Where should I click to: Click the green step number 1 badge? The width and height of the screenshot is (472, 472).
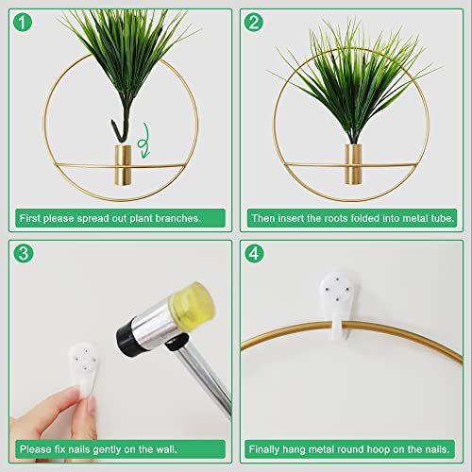pos(23,22)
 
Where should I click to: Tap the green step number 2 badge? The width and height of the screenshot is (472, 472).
pos(254,22)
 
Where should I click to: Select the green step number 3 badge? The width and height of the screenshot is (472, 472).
pos(23,254)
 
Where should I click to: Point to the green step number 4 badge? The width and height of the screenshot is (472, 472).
pos(254,254)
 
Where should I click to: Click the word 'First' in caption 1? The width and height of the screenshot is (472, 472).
pos(30,218)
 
